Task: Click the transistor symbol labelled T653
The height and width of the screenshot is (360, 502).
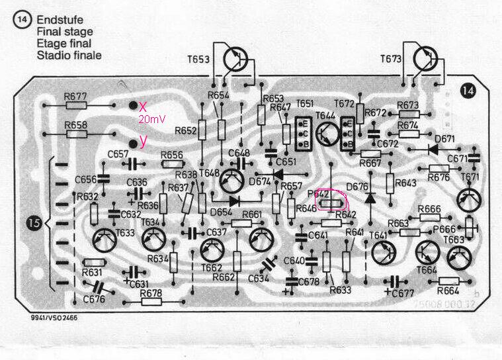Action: (234, 59)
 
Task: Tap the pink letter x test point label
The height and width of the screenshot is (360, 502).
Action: (142, 107)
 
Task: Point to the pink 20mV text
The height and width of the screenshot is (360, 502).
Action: (149, 119)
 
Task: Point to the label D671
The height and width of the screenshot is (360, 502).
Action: (446, 139)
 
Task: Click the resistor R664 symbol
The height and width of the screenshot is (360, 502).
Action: (448, 282)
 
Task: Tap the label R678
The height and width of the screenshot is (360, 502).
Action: (151, 292)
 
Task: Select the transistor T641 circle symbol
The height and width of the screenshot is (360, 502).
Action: (383, 251)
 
